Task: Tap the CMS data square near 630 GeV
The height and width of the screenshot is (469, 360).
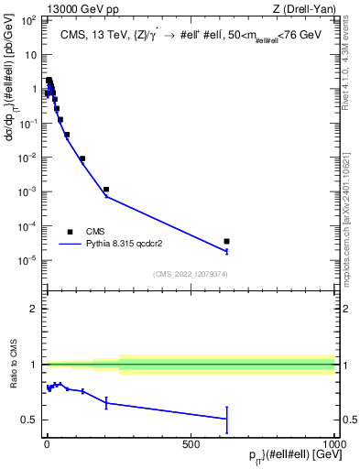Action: pos(226,242)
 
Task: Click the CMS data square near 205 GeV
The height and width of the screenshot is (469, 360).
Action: pos(106,190)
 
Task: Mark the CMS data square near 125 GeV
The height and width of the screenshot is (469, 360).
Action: pos(82,158)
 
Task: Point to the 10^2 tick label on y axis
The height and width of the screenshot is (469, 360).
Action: pos(28,20)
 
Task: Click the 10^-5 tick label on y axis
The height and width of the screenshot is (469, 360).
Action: pos(28,260)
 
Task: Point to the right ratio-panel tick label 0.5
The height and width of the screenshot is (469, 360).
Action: pos(348,420)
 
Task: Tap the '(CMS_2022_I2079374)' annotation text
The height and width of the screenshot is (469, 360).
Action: pos(190,274)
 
